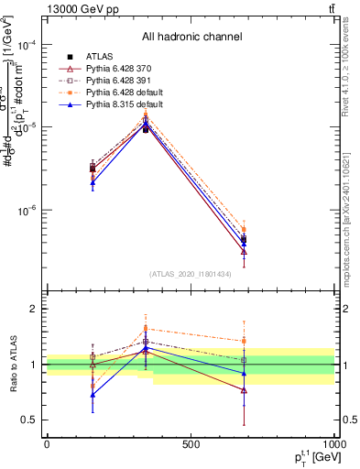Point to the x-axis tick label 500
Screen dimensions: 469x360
coord(191,443)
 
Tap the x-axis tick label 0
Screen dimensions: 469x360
coord(47,443)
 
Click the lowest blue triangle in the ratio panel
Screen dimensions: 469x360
coord(93,395)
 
